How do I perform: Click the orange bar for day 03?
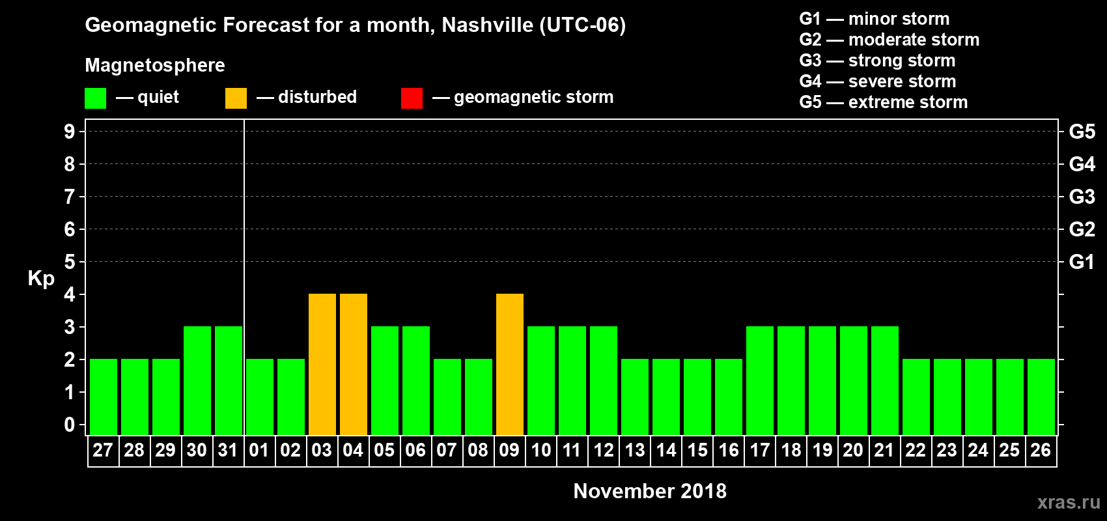click(x=322, y=365)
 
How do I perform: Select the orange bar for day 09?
click(x=510, y=365)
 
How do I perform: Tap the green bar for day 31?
click(x=229, y=381)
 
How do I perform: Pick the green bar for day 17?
click(x=760, y=381)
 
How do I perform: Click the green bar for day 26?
click(x=1041, y=397)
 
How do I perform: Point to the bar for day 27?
click(x=104, y=397)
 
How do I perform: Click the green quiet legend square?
click(x=96, y=98)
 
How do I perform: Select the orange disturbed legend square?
click(x=236, y=98)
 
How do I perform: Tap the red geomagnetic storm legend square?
click(x=412, y=98)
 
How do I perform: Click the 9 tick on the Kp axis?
click(x=70, y=132)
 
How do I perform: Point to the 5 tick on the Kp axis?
click(x=70, y=262)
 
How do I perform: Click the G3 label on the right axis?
click(x=1082, y=197)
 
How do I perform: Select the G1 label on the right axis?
click(x=1082, y=262)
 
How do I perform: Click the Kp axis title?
click(x=41, y=279)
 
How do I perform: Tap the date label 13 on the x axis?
click(x=635, y=450)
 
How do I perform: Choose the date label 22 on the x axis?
click(x=916, y=450)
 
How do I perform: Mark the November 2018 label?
click(x=650, y=491)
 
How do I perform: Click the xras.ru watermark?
click(x=1069, y=502)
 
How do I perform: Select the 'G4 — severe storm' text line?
click(x=877, y=81)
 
